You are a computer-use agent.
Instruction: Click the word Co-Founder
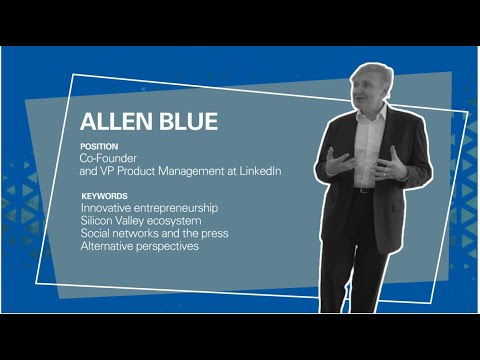pos(107,158)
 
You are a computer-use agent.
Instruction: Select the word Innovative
pos(107,207)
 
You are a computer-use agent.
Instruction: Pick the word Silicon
pos(98,220)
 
